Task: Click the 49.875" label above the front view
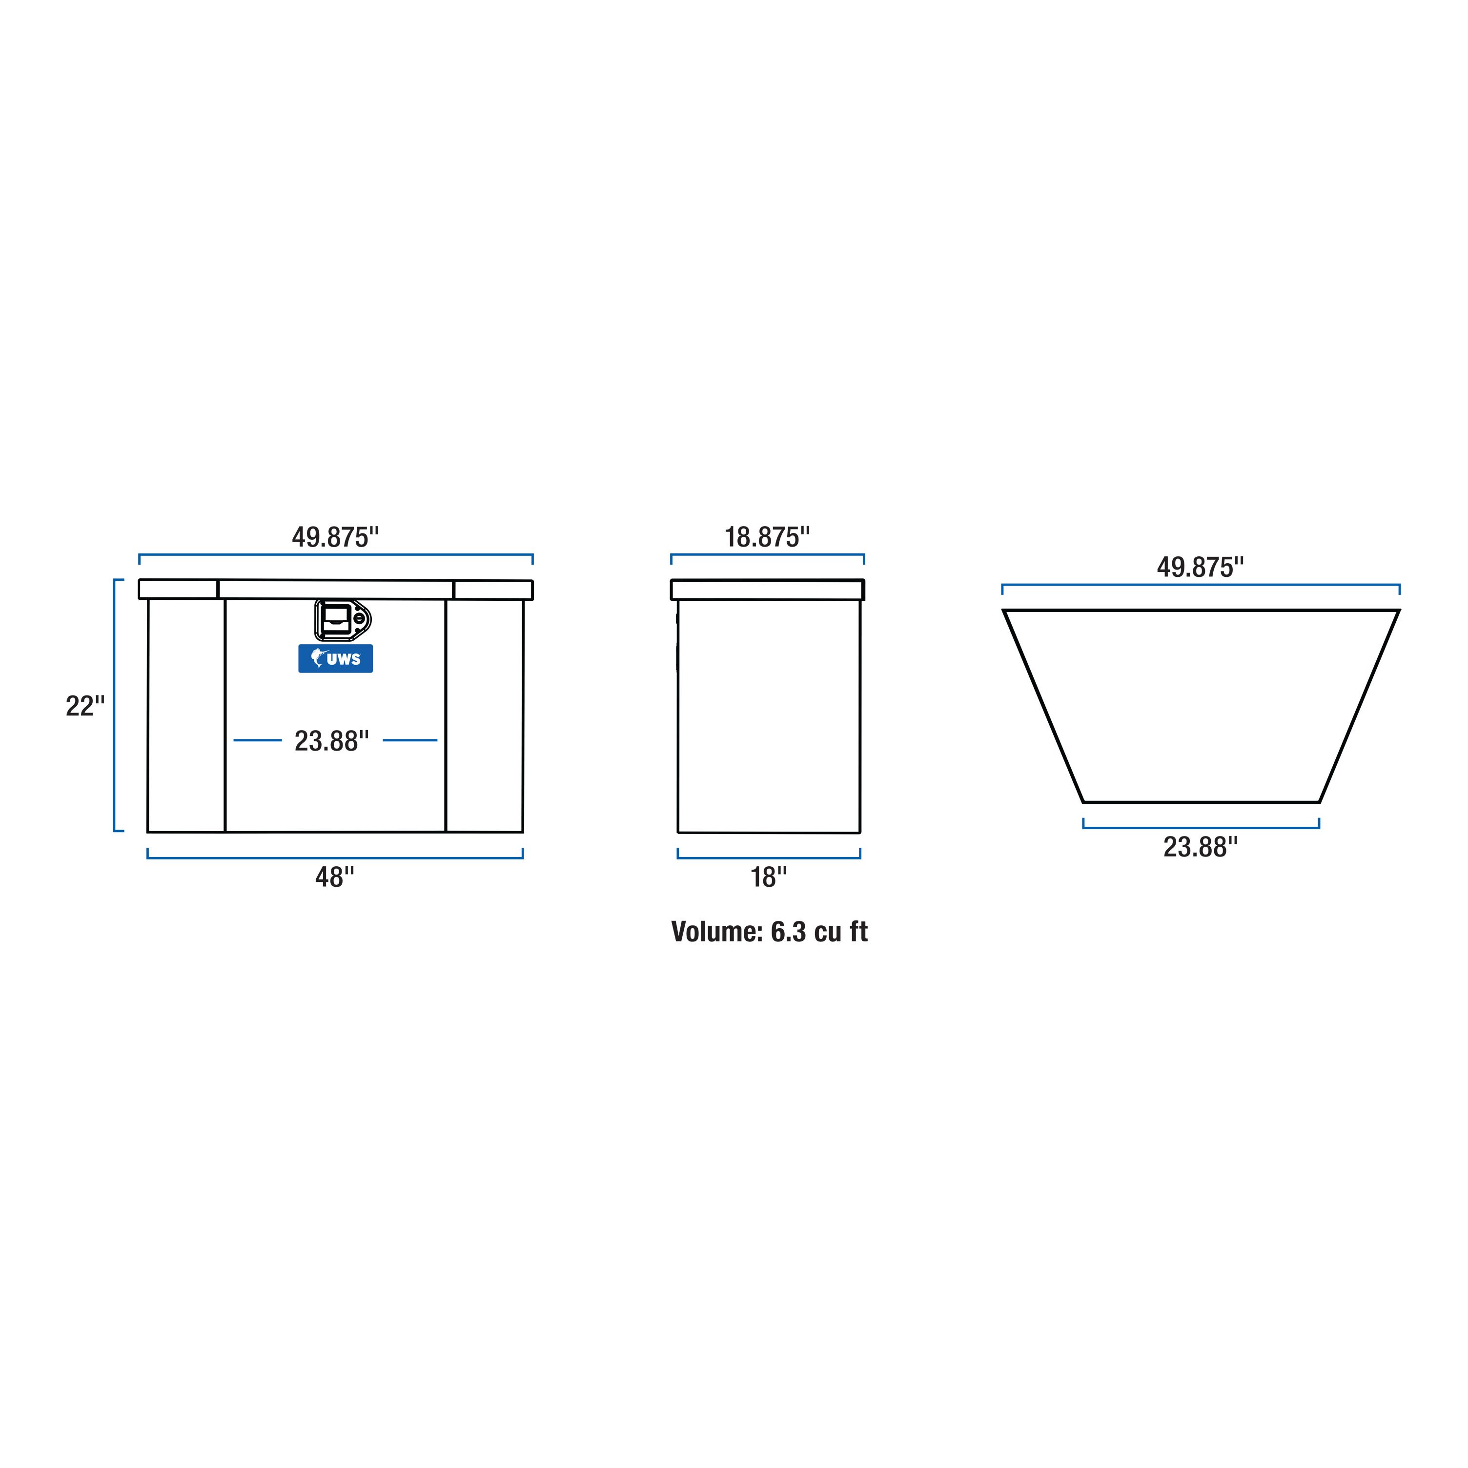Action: click(x=335, y=537)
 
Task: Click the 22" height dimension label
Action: click(x=84, y=706)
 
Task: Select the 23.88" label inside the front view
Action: click(x=332, y=741)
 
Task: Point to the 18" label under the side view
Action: click(x=768, y=877)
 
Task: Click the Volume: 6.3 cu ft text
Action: click(x=769, y=932)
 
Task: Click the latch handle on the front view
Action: click(x=342, y=620)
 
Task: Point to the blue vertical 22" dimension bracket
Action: click(x=115, y=705)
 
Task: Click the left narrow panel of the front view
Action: click(x=186, y=714)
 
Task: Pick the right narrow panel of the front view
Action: click(x=484, y=714)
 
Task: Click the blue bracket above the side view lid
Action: click(x=768, y=555)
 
